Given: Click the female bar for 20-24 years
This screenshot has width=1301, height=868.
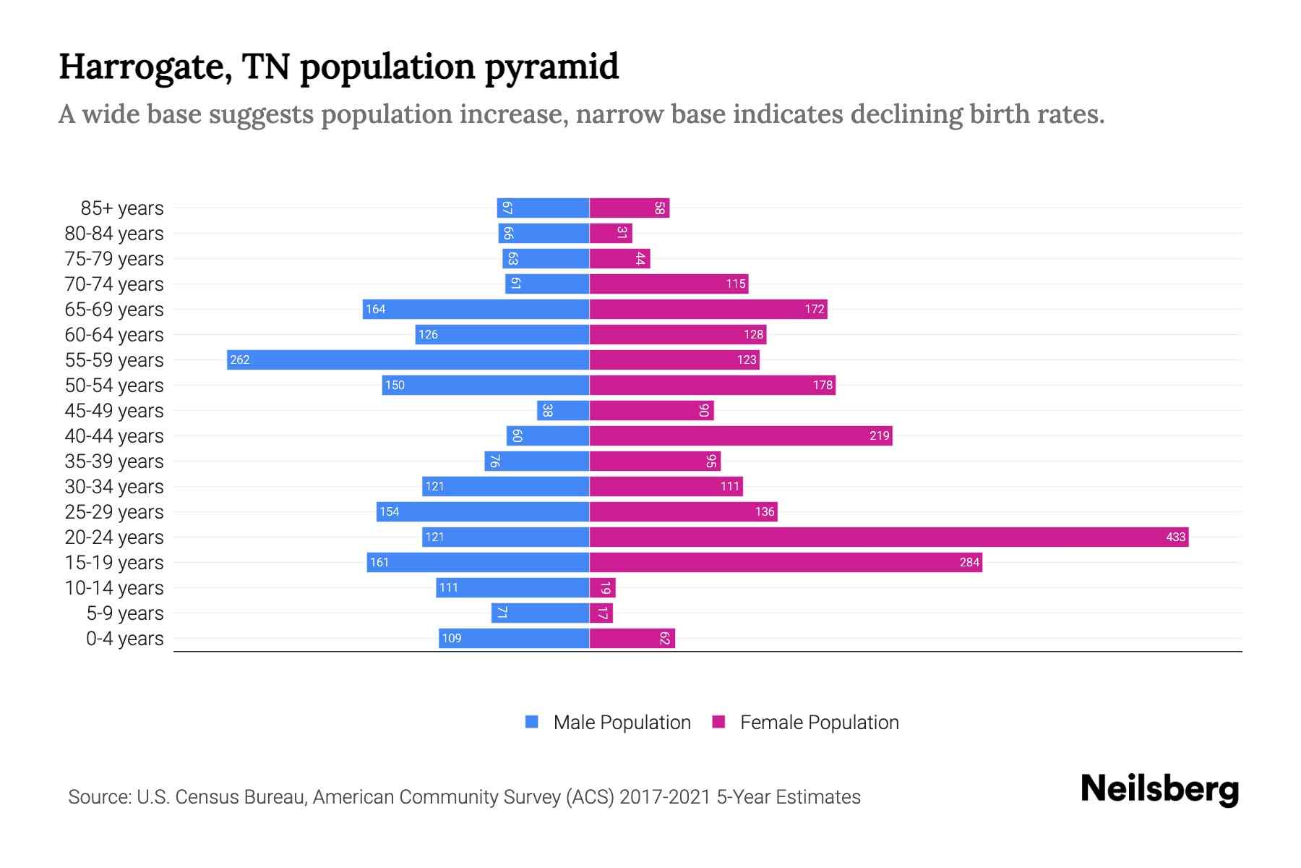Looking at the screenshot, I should (889, 537).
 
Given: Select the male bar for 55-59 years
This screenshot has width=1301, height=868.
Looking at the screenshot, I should (408, 359).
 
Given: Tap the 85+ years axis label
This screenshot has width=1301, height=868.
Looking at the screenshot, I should (122, 208).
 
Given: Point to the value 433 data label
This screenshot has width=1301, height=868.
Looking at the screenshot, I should (1175, 537).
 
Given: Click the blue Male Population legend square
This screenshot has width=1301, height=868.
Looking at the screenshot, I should (532, 722).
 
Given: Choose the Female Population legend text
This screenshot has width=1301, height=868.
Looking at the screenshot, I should (819, 723).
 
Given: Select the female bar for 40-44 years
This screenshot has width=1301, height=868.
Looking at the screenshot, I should (741, 435).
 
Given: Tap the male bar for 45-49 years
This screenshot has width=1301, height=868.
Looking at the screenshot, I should (563, 410).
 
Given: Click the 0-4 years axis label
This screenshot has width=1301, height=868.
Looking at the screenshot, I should (124, 639).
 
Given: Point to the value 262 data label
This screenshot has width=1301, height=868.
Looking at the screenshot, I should (240, 359).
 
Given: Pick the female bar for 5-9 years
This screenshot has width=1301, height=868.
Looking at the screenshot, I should (601, 613).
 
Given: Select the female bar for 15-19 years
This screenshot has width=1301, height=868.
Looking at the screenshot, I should (786, 562).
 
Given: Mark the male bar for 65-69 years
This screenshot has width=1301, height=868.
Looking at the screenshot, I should (476, 309).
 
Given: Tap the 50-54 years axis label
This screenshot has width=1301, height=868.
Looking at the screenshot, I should (114, 386).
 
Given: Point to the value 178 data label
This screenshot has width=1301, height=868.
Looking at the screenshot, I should (823, 385).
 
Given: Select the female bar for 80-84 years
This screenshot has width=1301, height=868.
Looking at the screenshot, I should (611, 233).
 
